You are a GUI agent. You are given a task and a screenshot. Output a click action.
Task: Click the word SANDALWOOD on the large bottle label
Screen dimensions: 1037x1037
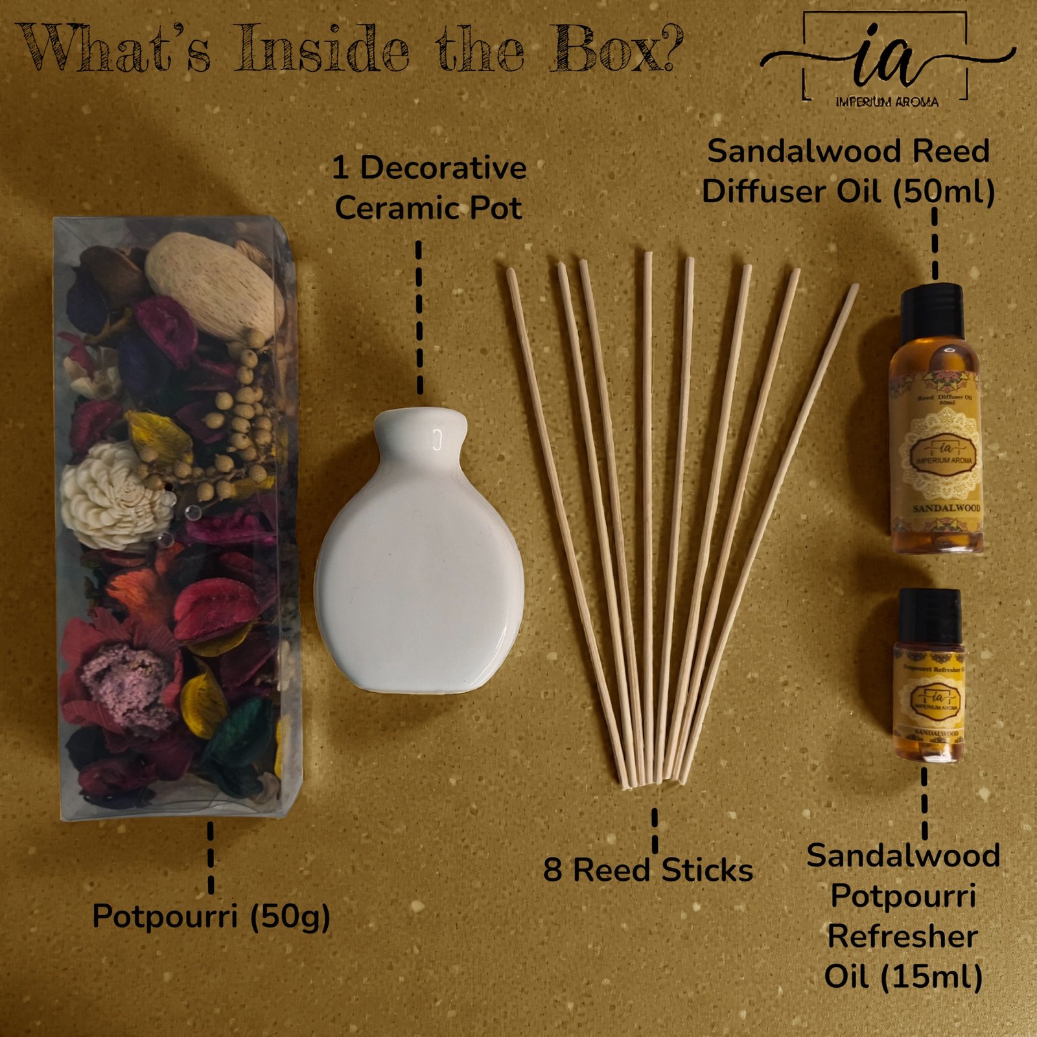(946, 509)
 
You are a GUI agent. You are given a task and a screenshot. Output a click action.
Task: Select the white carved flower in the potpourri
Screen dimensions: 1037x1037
(110, 496)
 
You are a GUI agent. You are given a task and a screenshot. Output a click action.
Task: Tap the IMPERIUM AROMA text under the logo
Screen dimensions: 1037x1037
(887, 102)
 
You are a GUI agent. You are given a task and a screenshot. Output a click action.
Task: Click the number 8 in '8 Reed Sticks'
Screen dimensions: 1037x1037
(552, 870)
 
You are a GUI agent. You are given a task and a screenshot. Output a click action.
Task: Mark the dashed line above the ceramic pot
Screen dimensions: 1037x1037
(419, 318)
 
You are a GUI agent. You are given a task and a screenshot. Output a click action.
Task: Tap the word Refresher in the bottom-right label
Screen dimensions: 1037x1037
(903, 937)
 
